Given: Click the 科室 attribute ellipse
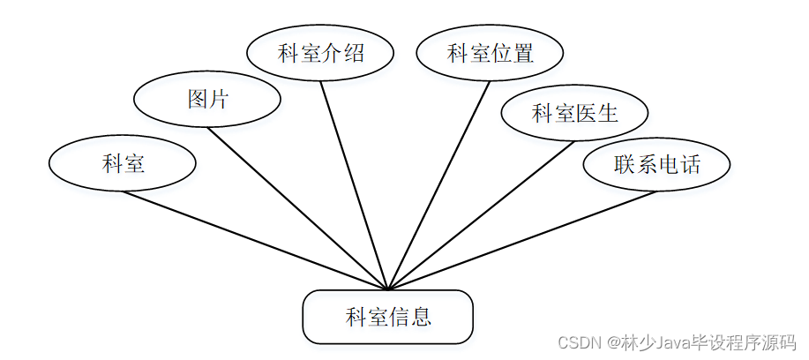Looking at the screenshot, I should click(122, 163).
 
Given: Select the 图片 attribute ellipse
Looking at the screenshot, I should click(207, 99).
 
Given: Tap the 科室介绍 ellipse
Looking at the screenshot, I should click(321, 53).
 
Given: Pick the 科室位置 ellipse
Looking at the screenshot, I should click(491, 53).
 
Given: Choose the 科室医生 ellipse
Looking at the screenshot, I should click(574, 113).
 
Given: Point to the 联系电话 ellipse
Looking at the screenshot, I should click(657, 164).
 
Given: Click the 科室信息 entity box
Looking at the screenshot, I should click(388, 317).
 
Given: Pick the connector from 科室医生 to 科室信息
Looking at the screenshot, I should click(481, 215).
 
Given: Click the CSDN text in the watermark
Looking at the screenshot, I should click(577, 341).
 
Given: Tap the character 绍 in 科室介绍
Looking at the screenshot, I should click(354, 53).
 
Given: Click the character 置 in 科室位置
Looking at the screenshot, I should click(523, 53).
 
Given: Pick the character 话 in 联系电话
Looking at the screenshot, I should click(690, 164).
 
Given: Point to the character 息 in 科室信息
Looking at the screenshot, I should click(421, 317).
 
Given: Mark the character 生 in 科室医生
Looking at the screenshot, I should click(607, 113).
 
